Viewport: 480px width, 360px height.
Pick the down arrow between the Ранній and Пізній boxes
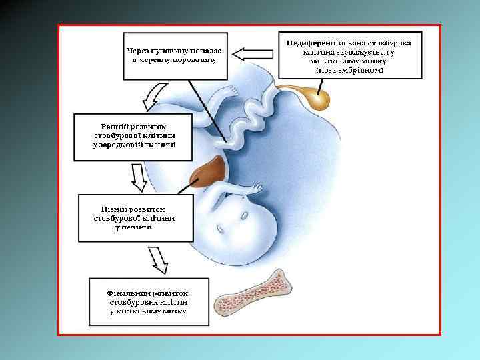click(x=138, y=177)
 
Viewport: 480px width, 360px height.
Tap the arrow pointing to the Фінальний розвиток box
click(x=157, y=259)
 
